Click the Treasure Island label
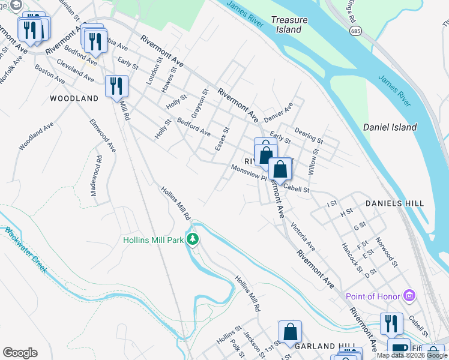[x=289, y=25]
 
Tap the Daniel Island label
[x=390, y=127]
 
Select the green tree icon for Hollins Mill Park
[x=193, y=239]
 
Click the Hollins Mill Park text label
[x=153, y=240]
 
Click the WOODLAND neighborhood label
[x=74, y=98]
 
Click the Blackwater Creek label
[x=25, y=250]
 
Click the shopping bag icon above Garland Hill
[x=290, y=332]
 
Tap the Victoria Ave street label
[x=303, y=236]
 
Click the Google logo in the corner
[x=20, y=353]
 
